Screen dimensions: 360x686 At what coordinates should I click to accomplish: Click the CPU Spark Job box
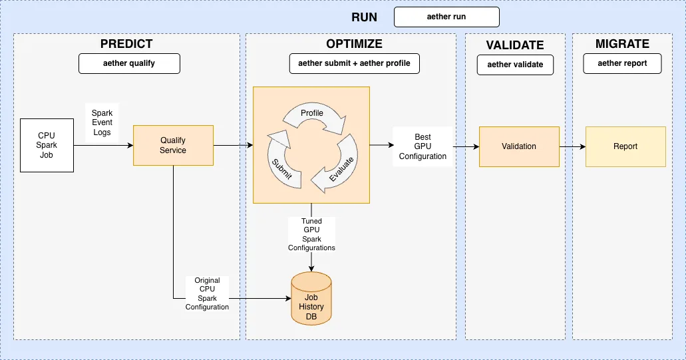coord(47,146)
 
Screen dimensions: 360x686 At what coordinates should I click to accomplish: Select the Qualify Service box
coord(173,146)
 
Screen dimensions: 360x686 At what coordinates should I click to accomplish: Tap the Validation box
coord(519,146)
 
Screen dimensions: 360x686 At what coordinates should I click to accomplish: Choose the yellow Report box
coord(625,146)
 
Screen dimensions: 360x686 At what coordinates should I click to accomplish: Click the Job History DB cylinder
coord(311,301)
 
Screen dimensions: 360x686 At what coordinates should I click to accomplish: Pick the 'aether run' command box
coord(446,17)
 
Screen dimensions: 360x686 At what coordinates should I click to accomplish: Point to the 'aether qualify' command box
coord(130,64)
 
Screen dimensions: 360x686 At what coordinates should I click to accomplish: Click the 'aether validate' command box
coord(515,65)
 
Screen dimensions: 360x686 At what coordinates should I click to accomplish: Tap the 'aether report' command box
coord(623,64)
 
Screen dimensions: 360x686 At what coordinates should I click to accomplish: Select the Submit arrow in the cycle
coord(278,158)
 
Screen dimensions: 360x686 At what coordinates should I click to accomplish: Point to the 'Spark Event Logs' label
coord(102,122)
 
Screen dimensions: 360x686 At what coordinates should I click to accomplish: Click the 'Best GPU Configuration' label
coord(423,146)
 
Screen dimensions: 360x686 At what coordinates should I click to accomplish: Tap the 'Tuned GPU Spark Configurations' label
coord(311,234)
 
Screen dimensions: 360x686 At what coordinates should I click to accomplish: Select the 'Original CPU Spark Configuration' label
coord(207,294)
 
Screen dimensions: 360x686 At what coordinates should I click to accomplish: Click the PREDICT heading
coord(126,44)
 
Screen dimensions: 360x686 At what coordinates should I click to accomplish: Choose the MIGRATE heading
coord(622,44)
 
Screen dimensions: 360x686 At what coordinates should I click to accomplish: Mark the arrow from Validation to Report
coord(572,146)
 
